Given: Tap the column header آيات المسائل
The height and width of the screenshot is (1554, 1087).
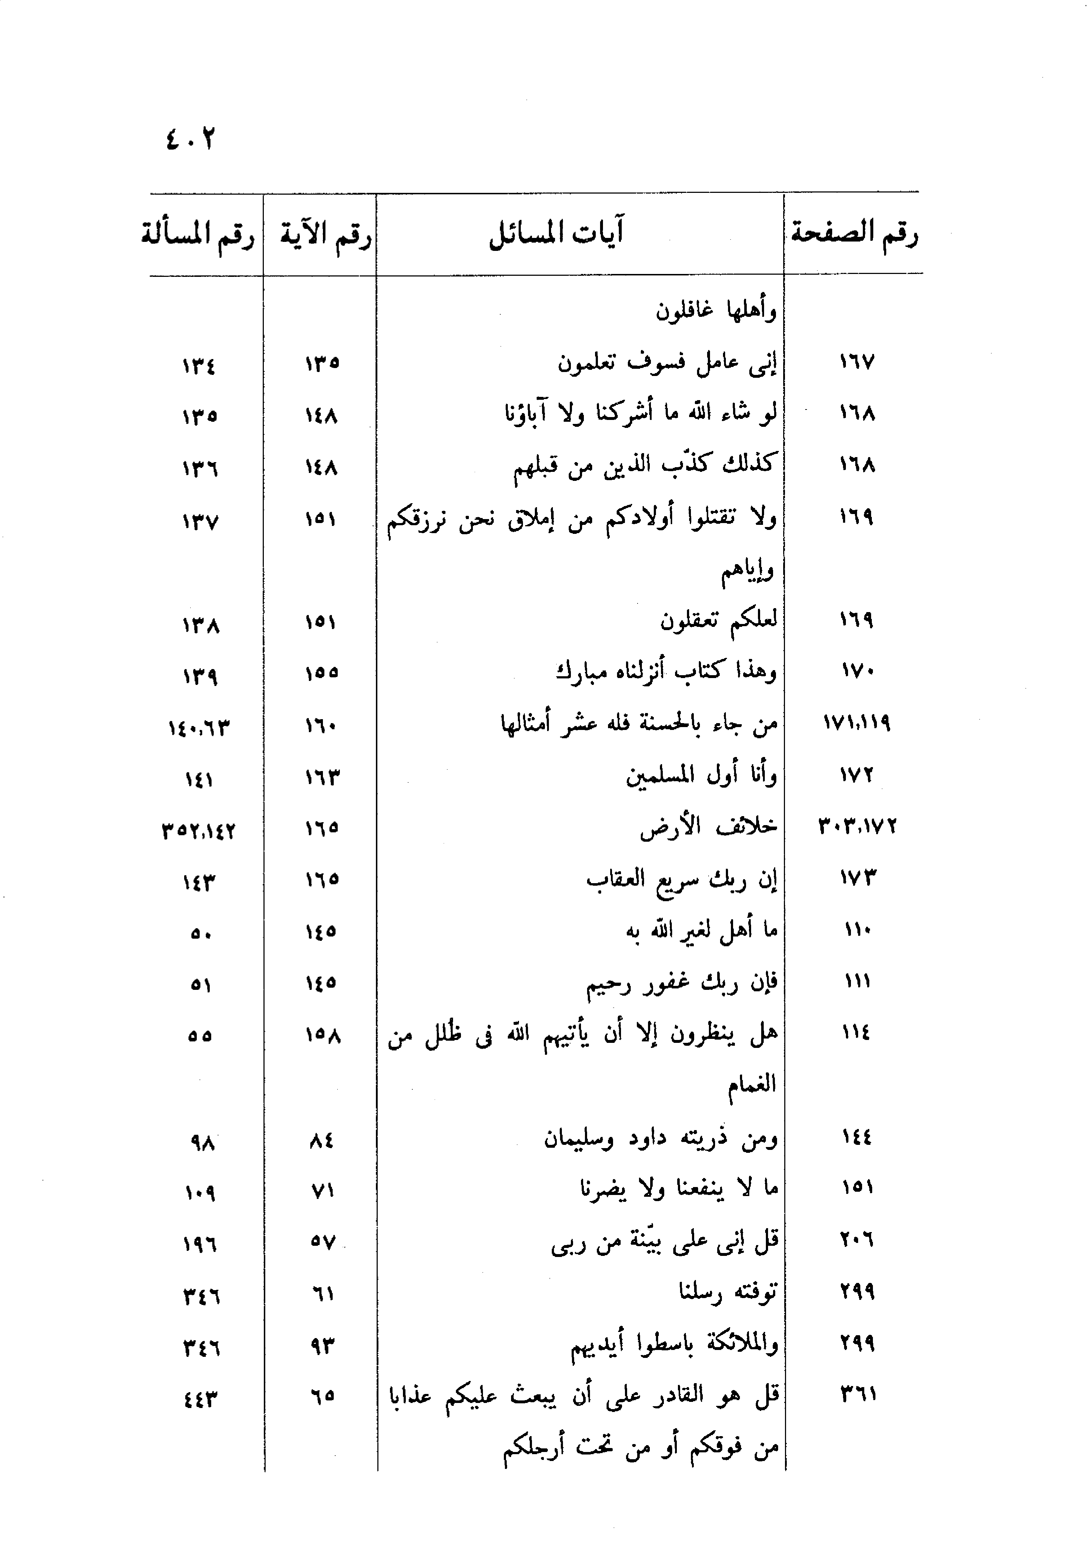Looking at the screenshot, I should pyautogui.click(x=556, y=234).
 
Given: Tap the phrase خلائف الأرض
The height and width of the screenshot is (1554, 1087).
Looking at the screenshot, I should pyautogui.click(x=709, y=827).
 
